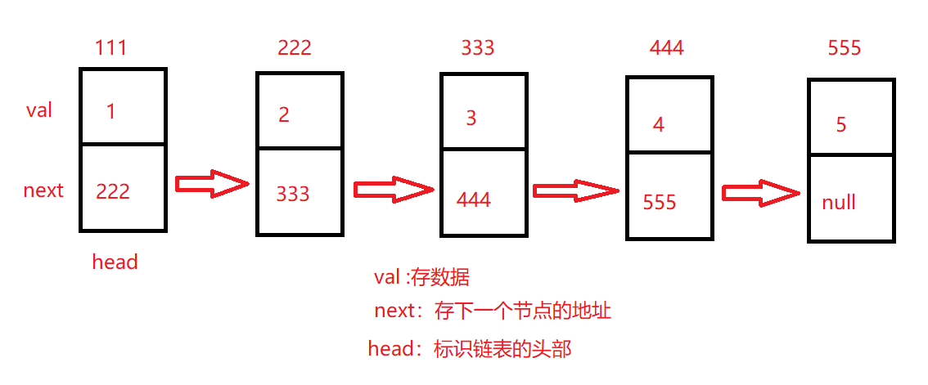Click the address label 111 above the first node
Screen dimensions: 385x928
(x=110, y=48)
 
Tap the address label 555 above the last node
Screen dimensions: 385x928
(x=845, y=48)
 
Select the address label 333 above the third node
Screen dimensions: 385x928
(x=478, y=48)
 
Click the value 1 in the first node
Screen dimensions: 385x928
(x=111, y=112)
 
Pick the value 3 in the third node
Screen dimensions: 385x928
(x=471, y=119)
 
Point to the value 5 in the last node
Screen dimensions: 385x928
(x=841, y=125)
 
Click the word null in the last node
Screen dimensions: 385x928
(x=839, y=203)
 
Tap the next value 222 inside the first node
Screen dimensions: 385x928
(x=113, y=191)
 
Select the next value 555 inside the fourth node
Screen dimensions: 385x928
(x=660, y=202)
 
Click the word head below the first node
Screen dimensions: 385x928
(x=115, y=262)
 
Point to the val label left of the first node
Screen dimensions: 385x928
(x=39, y=110)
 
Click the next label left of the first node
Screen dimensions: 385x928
(x=43, y=191)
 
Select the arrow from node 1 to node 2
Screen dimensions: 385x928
(x=212, y=185)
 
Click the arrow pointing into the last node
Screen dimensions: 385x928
(x=761, y=194)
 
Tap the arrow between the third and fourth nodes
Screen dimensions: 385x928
(x=576, y=191)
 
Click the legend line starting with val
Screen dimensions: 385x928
(x=421, y=278)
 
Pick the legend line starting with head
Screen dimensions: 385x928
(x=470, y=350)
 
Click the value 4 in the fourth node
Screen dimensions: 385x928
(x=659, y=125)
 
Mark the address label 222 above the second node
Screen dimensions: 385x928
(x=295, y=48)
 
